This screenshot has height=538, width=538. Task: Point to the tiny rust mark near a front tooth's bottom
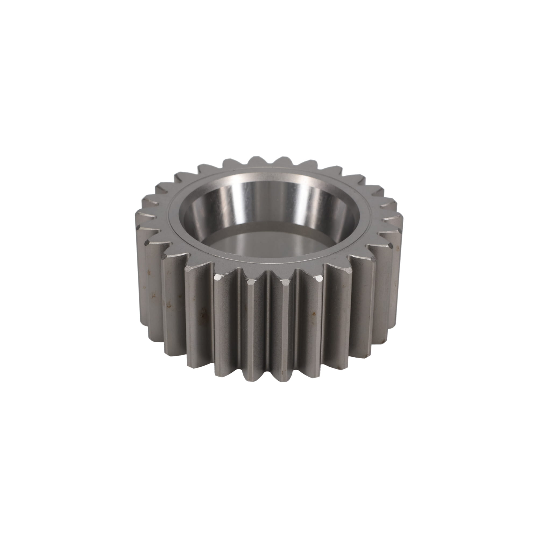coord(283,371)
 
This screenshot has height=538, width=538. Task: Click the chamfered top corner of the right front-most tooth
coord(285,283)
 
